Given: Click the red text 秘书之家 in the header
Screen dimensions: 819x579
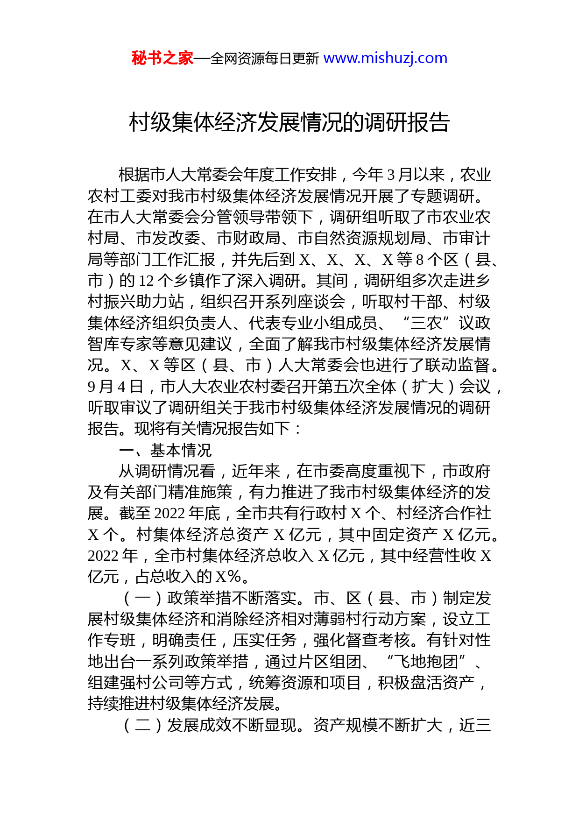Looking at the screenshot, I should click(162, 58).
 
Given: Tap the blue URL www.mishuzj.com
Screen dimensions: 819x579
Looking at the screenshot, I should click(385, 58).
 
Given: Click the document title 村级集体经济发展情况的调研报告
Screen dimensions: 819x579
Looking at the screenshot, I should click(289, 122).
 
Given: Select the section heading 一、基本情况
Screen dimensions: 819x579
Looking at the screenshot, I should click(165, 450).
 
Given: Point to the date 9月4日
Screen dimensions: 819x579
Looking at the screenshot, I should click(115, 387).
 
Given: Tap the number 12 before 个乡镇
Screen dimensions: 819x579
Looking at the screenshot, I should click(146, 281).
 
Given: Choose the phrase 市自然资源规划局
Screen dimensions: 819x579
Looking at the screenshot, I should click(361, 238).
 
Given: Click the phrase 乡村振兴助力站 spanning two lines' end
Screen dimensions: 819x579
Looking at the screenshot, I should click(135, 302).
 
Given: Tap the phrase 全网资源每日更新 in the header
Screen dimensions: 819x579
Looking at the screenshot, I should click(264, 58).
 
